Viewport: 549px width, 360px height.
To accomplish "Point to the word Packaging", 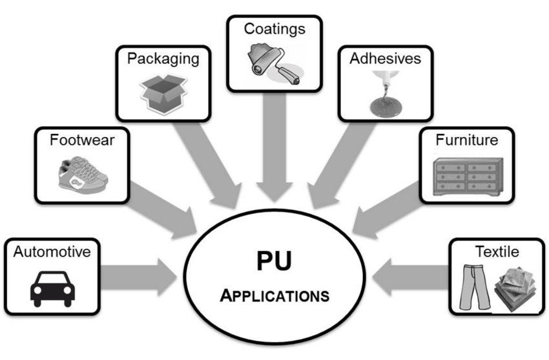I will coord(163,59).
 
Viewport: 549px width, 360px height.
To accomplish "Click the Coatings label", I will coord(274,28).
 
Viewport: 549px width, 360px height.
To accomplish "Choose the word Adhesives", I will coord(385,59).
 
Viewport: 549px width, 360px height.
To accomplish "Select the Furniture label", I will coord(466,140).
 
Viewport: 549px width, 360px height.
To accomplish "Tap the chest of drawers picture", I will coord(466,175).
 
